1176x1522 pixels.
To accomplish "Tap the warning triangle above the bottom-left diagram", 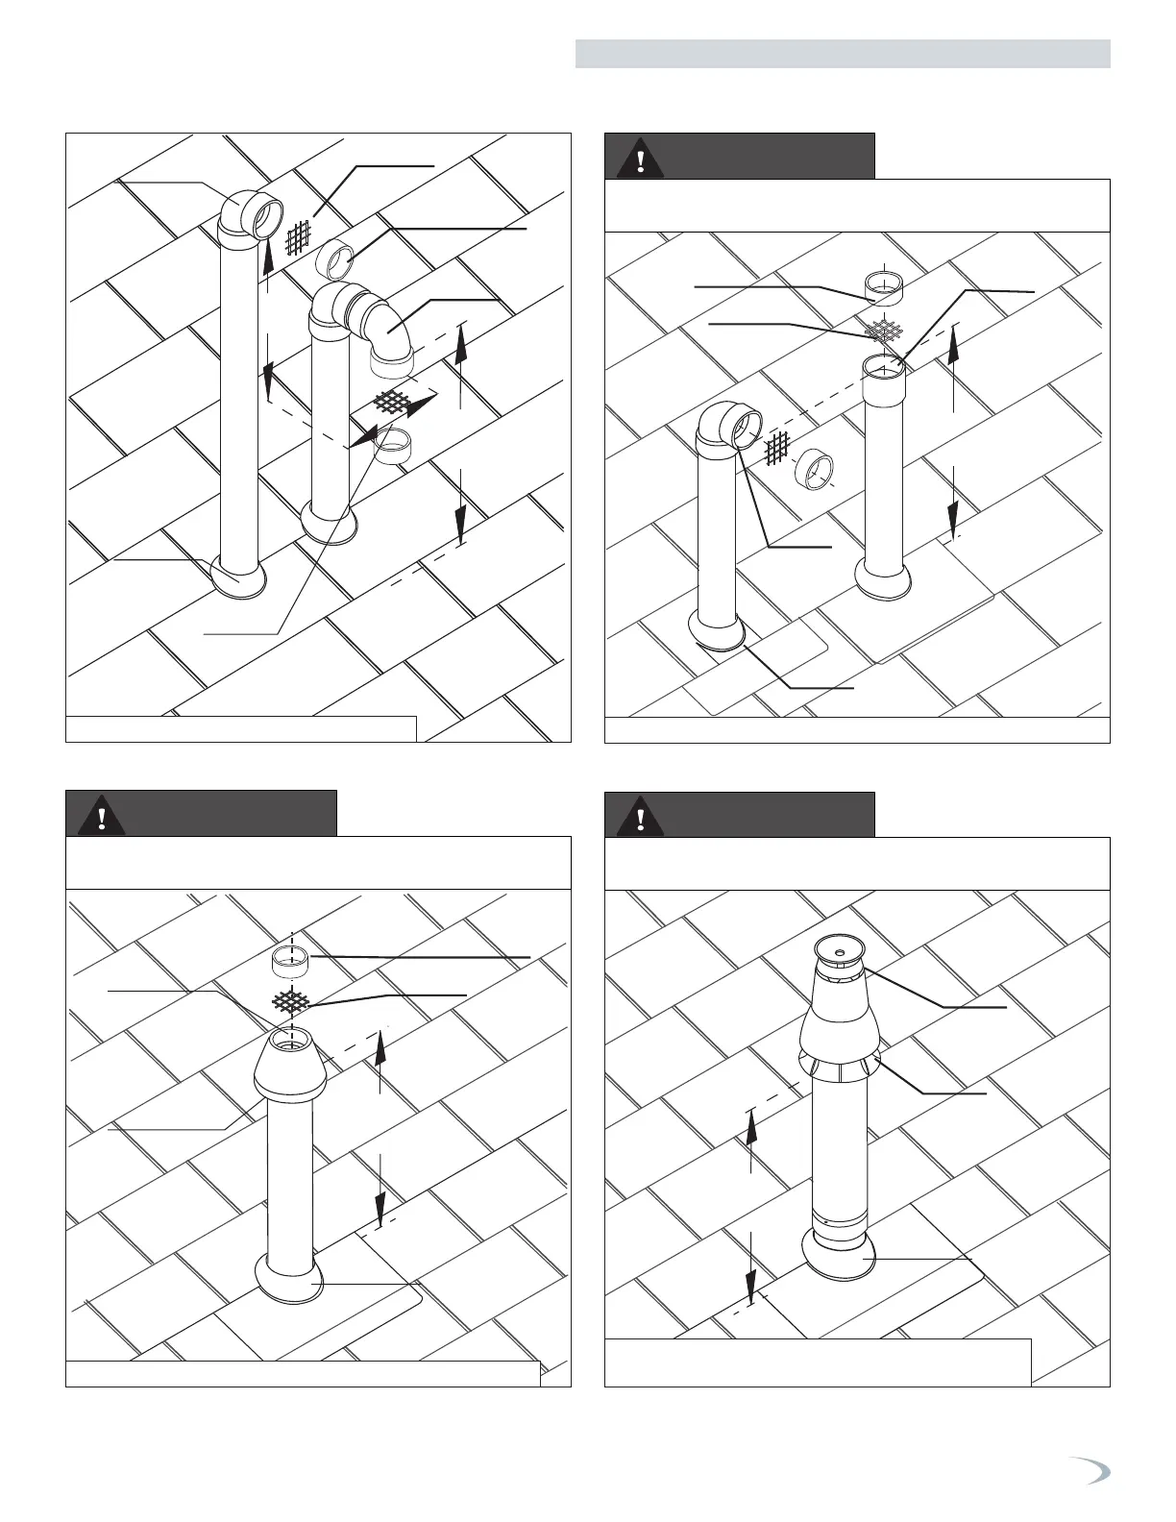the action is [100, 817].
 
